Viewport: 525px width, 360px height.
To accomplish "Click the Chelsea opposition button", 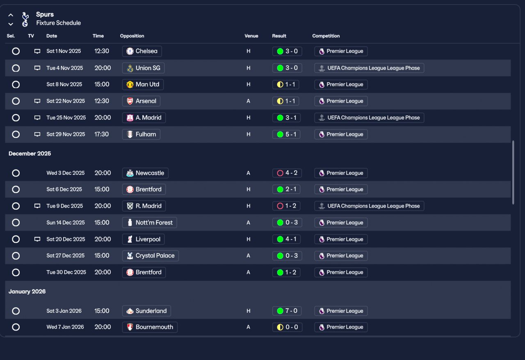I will coord(142,51).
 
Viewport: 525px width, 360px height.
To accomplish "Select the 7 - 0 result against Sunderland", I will coord(287,311).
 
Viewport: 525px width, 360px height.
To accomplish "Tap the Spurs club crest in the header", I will coord(25,19).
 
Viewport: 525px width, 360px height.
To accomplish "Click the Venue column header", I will coord(251,36).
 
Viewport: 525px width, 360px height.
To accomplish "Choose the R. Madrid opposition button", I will coord(144,206).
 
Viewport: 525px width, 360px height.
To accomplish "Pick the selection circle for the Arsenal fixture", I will coord(16,101).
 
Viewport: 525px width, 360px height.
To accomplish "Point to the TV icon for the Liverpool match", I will coord(37,239).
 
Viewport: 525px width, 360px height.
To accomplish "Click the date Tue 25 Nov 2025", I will coord(66,118).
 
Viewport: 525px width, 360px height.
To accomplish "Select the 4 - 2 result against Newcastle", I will coord(287,173).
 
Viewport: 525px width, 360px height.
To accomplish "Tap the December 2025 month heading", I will coord(30,154).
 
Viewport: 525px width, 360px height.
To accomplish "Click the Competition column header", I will coord(326,36).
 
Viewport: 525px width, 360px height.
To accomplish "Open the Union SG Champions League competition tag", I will coord(369,68).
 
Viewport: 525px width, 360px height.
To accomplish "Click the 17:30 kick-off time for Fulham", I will coord(102,134).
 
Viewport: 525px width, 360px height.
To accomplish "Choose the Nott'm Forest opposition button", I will coord(150,222).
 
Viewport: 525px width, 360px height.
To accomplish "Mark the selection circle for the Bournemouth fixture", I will coord(16,327).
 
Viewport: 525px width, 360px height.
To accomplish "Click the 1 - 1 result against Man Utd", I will coord(286,85).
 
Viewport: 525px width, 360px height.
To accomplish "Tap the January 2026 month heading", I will coord(27,291).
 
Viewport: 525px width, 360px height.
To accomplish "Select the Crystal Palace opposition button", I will coord(151,256).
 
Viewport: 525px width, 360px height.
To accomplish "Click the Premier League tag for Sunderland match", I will coord(341,311).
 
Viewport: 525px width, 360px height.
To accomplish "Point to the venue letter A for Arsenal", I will coord(248,101).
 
